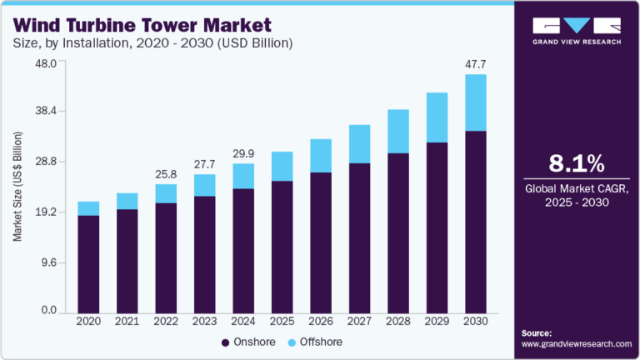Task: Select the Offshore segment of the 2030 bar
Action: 475,102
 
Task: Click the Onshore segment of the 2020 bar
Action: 88,263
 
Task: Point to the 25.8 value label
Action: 166,173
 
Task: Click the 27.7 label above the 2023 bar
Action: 204,163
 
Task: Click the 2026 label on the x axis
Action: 320,321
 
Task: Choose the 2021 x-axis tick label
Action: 127,321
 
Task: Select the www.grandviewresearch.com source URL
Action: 576,342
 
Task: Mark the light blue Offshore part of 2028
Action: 397,131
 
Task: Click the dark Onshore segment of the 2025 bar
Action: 282,246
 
